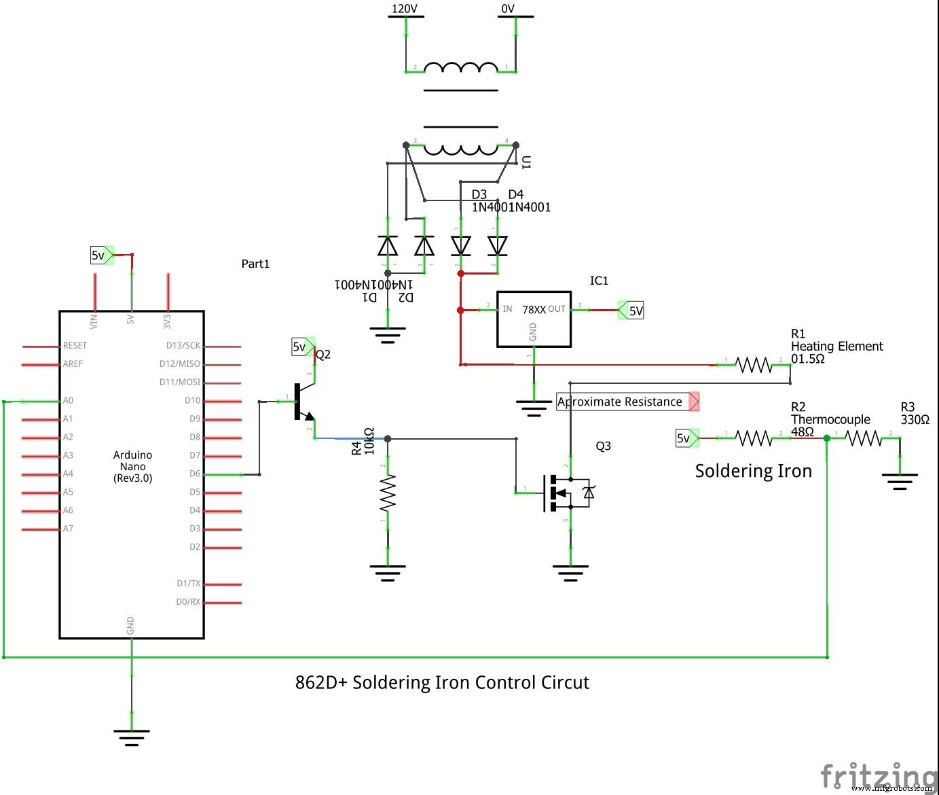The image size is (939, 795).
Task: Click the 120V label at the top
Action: [405, 9]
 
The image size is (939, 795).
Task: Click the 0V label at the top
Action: [508, 9]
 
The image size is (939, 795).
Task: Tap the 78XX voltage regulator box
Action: [534, 319]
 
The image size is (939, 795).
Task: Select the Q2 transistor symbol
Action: [302, 402]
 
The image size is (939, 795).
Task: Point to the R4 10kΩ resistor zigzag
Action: [388, 493]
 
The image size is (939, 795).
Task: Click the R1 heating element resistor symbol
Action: [754, 366]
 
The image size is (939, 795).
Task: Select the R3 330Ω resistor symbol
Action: [863, 439]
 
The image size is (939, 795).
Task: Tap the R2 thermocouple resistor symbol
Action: [754, 439]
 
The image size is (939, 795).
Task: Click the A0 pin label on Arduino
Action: [68, 401]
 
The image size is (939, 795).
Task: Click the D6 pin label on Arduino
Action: [195, 474]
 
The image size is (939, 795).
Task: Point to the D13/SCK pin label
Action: [183, 345]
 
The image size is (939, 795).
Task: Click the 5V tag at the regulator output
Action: [633, 311]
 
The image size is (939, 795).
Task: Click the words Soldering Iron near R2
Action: [753, 471]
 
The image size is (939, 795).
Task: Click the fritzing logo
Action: [876, 776]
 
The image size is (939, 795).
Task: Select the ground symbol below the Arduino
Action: [132, 735]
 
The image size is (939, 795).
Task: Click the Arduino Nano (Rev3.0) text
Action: [132, 466]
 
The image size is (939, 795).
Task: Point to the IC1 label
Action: [599, 281]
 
